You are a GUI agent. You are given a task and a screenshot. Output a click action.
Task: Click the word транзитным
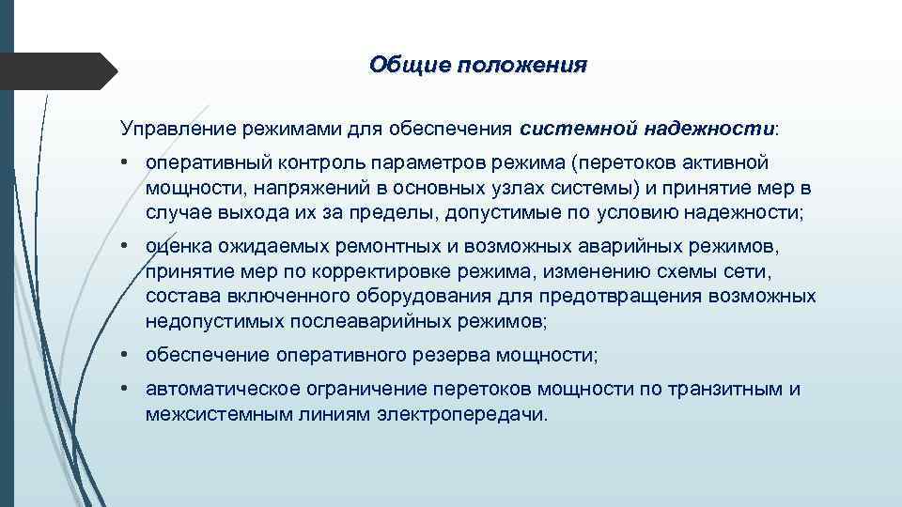click(727, 389)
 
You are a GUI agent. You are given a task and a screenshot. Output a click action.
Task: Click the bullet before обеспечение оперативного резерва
click(125, 356)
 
